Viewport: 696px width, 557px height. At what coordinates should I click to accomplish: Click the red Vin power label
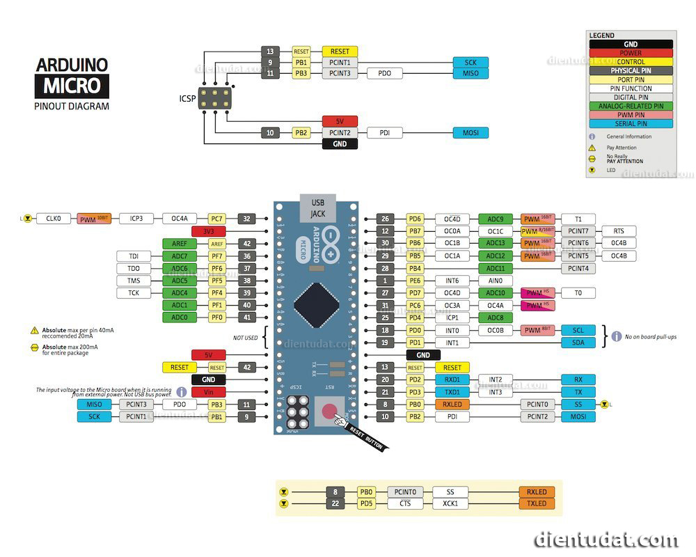(x=208, y=392)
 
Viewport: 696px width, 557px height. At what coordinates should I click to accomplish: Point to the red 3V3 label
(x=208, y=230)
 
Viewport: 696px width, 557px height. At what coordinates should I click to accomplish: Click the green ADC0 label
(x=180, y=317)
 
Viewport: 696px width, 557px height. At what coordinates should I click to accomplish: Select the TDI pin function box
(x=134, y=256)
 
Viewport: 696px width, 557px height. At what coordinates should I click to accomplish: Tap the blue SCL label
(x=578, y=330)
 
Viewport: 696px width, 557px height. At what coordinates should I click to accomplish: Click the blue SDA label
(x=578, y=343)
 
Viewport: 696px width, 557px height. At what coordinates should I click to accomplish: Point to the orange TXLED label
(x=537, y=503)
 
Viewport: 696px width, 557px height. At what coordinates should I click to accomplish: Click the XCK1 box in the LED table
(x=450, y=503)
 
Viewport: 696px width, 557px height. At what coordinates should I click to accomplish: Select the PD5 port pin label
(x=367, y=503)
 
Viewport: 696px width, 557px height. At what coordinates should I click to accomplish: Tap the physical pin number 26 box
(x=384, y=219)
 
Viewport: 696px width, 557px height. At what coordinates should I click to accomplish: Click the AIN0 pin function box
(x=496, y=281)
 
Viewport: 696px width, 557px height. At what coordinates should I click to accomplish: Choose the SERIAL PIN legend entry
(x=631, y=124)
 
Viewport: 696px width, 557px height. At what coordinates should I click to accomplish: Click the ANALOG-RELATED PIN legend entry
(x=631, y=107)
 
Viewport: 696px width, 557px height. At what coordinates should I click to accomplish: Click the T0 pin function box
(x=578, y=293)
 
